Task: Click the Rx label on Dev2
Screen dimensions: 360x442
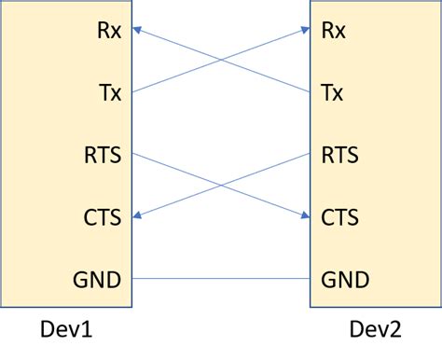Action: (333, 31)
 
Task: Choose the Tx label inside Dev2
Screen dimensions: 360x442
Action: (333, 92)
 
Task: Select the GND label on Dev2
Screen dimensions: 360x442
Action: (344, 279)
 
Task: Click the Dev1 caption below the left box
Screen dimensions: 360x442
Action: (66, 330)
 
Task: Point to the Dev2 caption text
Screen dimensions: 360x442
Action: (377, 330)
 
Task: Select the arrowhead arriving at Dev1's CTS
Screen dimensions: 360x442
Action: (137, 215)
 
